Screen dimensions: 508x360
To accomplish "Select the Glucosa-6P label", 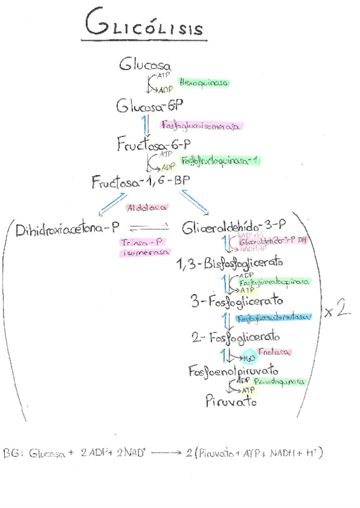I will click(x=150, y=106).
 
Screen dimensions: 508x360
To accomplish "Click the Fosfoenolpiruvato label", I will click(x=232, y=371).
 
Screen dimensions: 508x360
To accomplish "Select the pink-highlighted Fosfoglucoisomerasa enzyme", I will click(x=200, y=126).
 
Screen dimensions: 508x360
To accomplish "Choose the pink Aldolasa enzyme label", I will click(x=146, y=208).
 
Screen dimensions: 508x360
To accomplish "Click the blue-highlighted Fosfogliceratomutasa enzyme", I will click(x=273, y=318).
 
